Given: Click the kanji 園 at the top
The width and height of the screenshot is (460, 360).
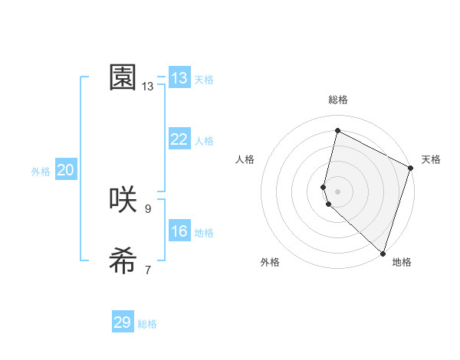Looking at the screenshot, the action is (123, 77).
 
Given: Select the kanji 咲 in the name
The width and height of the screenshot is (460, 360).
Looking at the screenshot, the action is (123, 200).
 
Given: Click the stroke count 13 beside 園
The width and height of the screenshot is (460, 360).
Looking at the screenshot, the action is (148, 87).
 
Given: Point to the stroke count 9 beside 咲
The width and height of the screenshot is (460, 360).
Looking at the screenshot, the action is (148, 208).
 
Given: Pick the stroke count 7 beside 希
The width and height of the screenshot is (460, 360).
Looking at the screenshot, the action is (148, 270).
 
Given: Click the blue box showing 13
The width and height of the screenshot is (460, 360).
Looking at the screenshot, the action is (179, 78).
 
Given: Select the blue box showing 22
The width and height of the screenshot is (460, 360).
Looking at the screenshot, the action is (179, 139).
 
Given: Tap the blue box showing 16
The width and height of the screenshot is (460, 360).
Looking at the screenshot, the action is (179, 231).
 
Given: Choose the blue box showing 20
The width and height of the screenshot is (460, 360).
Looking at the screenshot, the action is (66, 170).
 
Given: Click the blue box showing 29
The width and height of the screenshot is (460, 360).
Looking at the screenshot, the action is (123, 322).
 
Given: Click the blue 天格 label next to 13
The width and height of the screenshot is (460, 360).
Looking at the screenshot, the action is (204, 80).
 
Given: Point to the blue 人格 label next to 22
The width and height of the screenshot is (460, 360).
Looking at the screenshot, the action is (204, 141).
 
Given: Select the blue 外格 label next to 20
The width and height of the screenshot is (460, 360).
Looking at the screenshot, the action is (41, 172).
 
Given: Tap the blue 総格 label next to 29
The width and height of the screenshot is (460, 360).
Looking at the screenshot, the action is (147, 324).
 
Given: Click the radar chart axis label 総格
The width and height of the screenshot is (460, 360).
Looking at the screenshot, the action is (338, 100).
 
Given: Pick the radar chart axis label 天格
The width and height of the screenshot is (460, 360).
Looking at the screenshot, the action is (431, 159).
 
